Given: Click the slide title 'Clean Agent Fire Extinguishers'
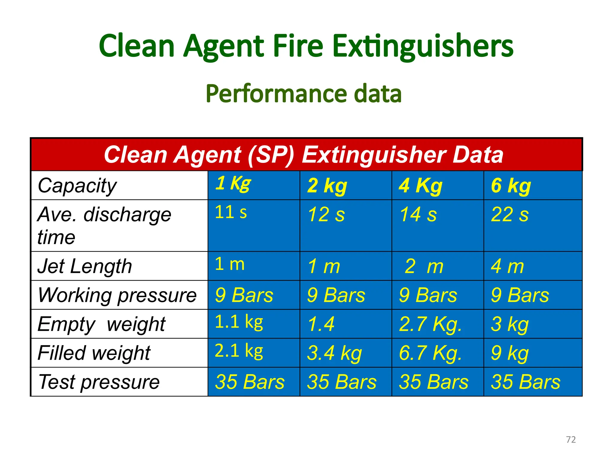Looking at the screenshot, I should [x=306, y=46].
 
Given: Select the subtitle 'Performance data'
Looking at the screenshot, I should [x=304, y=94].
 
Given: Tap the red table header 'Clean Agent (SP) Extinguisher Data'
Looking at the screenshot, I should [x=304, y=155].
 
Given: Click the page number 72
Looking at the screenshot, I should [x=571, y=439].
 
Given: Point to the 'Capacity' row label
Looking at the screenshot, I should [x=77, y=186].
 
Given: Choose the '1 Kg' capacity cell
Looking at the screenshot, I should [x=233, y=183].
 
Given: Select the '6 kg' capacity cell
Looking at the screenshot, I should [x=511, y=186].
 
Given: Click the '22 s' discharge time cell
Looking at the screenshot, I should [x=510, y=214].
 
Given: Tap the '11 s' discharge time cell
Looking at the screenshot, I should [x=231, y=212].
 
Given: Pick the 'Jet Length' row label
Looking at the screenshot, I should [x=85, y=266].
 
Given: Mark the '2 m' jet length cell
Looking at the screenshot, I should [x=424, y=266].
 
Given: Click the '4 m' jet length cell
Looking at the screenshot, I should [x=507, y=266].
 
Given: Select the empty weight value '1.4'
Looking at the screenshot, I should [x=321, y=324].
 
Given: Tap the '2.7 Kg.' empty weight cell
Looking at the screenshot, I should [x=430, y=324].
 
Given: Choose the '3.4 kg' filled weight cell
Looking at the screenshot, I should [x=334, y=353].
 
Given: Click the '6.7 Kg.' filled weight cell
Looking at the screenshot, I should [x=430, y=353].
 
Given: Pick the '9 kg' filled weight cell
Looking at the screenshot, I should [x=510, y=353].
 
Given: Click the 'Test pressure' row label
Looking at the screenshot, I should [x=99, y=382].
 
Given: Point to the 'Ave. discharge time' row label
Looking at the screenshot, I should [x=104, y=226].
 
